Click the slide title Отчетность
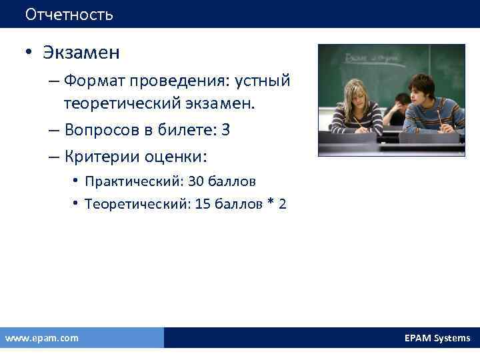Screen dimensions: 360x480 69,14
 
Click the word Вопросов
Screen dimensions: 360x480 96,130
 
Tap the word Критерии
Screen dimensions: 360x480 96,157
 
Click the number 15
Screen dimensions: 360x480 203,204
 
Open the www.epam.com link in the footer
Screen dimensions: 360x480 41,338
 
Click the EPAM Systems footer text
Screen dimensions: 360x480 437,338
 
